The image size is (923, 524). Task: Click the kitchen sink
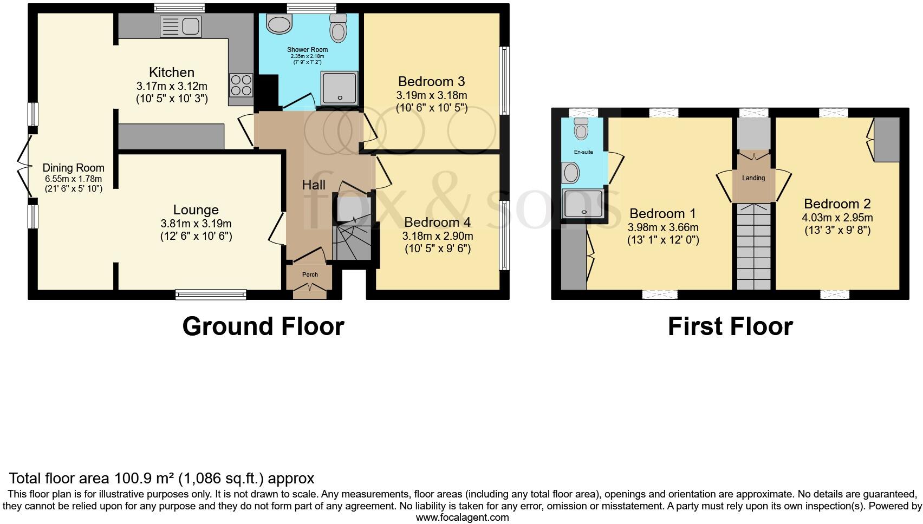[180, 27]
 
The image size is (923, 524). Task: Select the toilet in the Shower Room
[339, 28]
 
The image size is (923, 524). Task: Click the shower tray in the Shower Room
[340, 87]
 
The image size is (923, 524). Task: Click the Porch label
[310, 274]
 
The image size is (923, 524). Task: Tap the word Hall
[314, 185]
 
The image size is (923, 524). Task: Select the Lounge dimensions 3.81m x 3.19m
[196, 224]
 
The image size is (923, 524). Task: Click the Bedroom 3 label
[431, 82]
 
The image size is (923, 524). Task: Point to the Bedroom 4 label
[437, 222]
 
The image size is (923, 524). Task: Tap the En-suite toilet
[581, 128]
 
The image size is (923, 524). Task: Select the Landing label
[753, 178]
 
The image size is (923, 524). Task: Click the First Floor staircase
[753, 246]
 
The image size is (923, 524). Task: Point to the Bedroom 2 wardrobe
[887, 139]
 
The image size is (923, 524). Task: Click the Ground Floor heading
[263, 326]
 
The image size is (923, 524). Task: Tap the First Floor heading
[730, 326]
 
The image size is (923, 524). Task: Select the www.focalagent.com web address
[462, 518]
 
